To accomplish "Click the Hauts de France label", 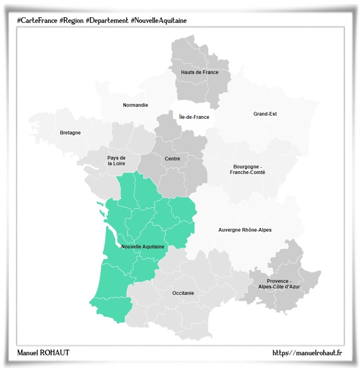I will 200,72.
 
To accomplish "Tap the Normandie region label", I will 135,105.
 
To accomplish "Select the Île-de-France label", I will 194,117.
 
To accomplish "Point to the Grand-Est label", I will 265,114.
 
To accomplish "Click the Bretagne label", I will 70,133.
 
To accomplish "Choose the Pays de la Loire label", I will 116,161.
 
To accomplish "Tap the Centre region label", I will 172,159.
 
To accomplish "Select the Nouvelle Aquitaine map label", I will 142,247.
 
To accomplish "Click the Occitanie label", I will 183,293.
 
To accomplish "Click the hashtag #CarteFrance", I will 37,20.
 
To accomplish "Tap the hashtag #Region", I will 71,20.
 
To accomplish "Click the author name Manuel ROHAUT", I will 43,353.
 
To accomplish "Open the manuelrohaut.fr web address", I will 307,353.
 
